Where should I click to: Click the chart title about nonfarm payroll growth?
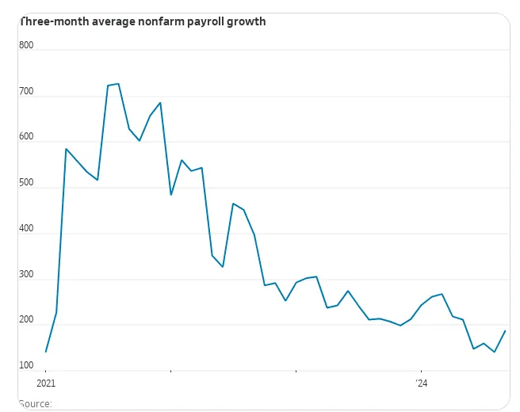143,21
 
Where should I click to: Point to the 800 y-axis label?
26,45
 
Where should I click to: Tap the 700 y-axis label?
26,91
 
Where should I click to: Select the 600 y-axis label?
26,137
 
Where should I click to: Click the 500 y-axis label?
26,183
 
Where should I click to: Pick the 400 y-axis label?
26,229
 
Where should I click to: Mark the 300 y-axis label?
26,275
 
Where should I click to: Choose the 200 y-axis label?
26,320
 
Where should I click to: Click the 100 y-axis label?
26,366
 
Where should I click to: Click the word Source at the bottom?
35,404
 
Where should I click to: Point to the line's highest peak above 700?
118,83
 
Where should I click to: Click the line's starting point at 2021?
46,351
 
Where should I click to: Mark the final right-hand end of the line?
505,330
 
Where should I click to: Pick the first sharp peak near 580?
67,149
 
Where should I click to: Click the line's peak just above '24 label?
442,294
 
